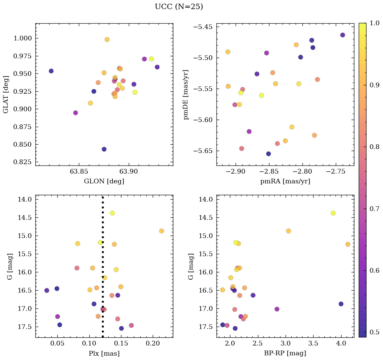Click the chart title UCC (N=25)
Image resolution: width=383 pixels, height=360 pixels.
pos(179,7)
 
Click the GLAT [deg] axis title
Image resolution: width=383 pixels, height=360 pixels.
pos(6,94)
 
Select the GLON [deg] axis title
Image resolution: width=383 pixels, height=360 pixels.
pos(104,181)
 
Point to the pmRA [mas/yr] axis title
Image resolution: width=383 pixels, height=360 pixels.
pos(285,181)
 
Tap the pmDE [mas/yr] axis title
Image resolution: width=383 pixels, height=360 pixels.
pos(186,94)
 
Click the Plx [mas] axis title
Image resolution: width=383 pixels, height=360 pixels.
pos(104,353)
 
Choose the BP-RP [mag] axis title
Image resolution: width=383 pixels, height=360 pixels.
pos(285,353)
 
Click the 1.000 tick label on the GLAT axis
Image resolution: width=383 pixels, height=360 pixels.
pos(23,38)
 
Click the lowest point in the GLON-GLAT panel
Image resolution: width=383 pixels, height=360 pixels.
pos(104,149)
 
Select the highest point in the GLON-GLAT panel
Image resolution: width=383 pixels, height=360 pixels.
pos(107,39)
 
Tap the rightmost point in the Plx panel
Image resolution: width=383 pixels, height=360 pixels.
pos(161,231)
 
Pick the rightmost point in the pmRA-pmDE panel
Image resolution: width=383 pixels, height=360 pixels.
pos(343,35)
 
